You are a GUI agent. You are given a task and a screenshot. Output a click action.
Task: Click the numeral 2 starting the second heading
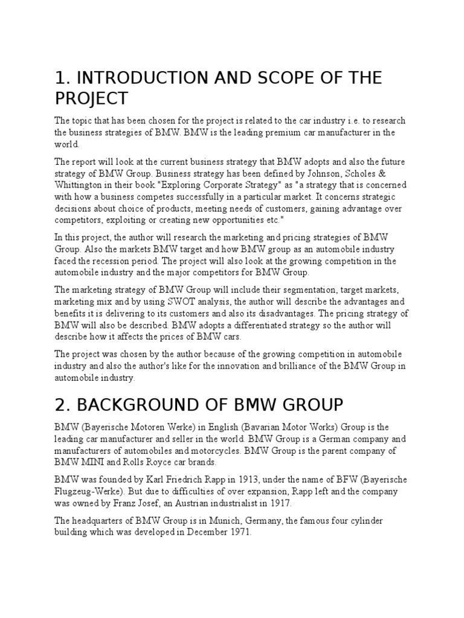[x=59, y=404]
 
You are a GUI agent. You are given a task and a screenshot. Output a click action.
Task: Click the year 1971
[x=238, y=532]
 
